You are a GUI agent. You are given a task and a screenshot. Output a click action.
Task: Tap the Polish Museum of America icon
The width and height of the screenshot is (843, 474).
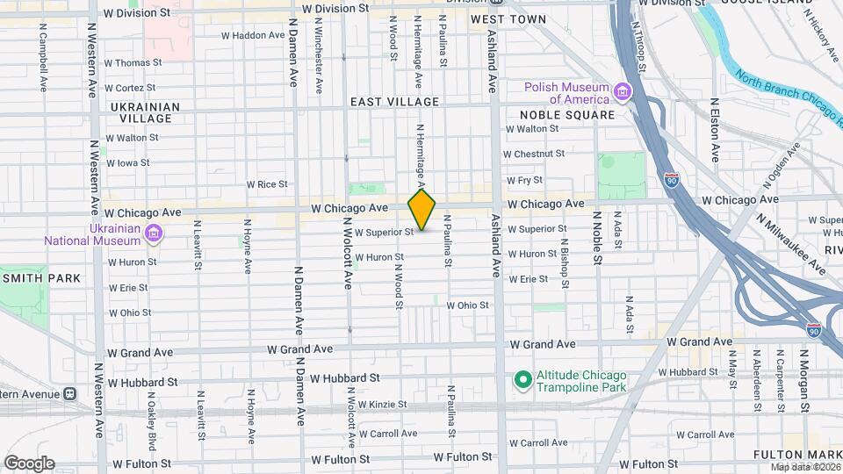[623, 92]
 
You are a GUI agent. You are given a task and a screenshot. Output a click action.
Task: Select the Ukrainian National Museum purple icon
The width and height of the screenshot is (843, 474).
[154, 233]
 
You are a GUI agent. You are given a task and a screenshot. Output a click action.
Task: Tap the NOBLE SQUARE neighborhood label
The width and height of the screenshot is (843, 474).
[566, 115]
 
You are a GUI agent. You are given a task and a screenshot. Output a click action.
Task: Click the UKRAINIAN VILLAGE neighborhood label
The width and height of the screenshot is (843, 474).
[145, 112]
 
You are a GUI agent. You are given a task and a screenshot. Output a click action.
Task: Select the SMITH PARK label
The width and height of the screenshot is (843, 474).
[41, 278]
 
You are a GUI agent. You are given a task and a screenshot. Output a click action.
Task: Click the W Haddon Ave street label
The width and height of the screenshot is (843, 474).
[252, 35]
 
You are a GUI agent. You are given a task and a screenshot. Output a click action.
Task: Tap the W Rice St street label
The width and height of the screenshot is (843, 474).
[267, 184]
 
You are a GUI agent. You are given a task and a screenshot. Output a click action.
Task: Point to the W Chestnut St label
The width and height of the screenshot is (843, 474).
[534, 154]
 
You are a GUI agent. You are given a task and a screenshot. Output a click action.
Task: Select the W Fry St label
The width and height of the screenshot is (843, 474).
[524, 180]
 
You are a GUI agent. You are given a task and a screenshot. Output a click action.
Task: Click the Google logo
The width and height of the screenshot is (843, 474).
[29, 463]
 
